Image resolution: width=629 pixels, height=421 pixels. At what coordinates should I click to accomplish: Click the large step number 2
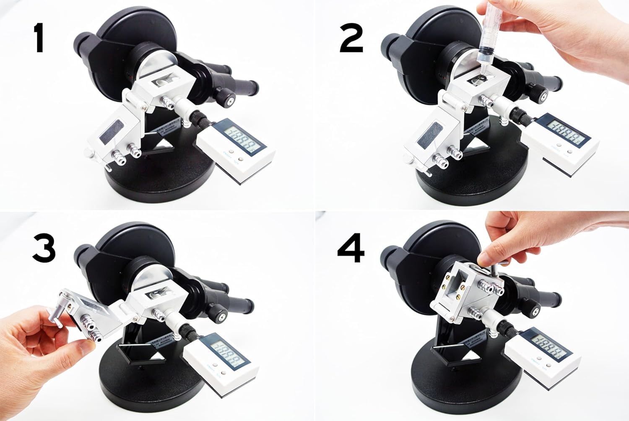point(351,37)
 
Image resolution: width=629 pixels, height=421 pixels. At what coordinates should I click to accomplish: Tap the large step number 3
point(44,247)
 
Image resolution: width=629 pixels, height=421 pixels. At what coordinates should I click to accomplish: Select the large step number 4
point(351,247)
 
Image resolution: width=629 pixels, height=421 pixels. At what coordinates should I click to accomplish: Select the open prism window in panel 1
point(166,80)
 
